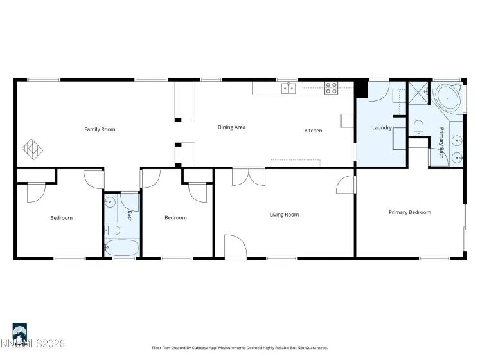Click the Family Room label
click(x=100, y=129)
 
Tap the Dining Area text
click(x=231, y=127)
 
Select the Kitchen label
click(x=313, y=130)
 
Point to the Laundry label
click(x=382, y=127)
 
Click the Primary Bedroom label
click(x=409, y=212)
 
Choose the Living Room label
click(x=284, y=215)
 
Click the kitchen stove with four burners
click(x=331, y=88)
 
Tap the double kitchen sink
click(x=288, y=88)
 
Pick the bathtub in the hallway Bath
click(x=121, y=248)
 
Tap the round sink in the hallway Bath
click(x=111, y=203)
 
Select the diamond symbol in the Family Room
click(x=33, y=148)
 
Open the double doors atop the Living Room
click(x=247, y=177)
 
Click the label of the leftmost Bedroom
click(x=62, y=218)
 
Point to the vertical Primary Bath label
click(x=442, y=143)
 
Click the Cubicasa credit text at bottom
click(x=240, y=347)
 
